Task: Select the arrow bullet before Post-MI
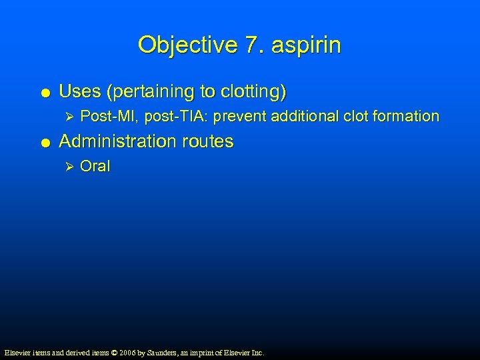pyautogui.click(x=65, y=117)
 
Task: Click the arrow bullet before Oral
pyautogui.click(x=65, y=167)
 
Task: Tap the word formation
pyautogui.click(x=406, y=117)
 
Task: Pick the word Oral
pyautogui.click(x=95, y=167)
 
